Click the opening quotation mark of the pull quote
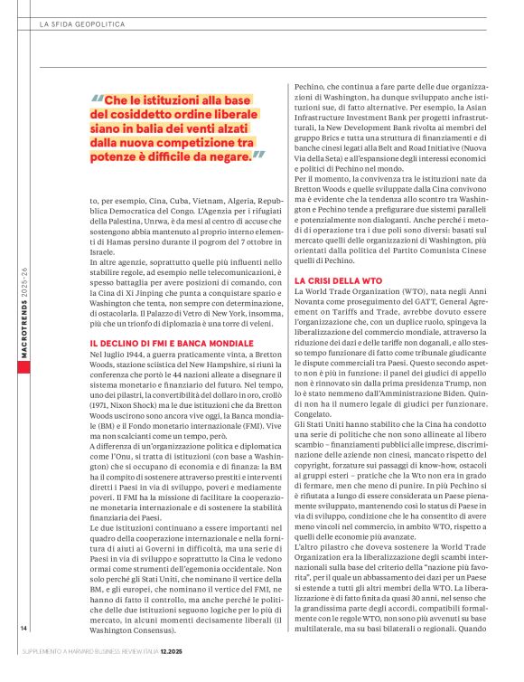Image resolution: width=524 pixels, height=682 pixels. pyautogui.click(x=97, y=100)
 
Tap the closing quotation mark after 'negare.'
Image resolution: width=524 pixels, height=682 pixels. pyautogui.click(x=259, y=156)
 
